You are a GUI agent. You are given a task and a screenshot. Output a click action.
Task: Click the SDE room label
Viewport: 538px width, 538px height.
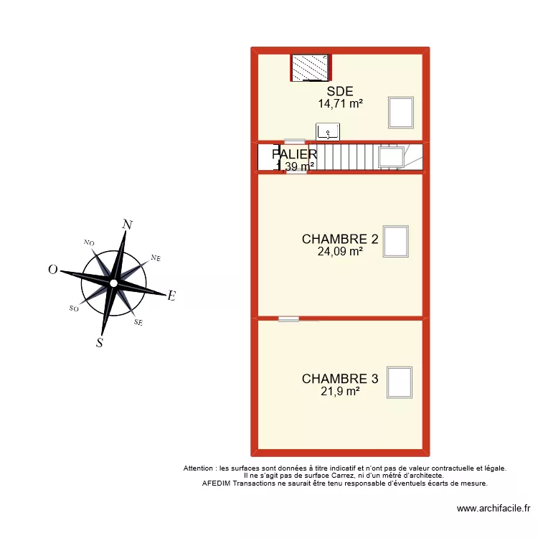tap(340, 91)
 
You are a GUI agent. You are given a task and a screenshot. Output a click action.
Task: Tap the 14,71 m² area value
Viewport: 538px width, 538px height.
tap(340, 103)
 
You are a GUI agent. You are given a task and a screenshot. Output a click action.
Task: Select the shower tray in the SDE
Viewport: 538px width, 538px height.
tap(310, 68)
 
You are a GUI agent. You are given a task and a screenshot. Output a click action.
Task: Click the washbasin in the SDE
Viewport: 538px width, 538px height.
tap(329, 131)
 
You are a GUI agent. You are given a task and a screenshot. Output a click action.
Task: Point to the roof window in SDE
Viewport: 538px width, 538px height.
tap(401, 112)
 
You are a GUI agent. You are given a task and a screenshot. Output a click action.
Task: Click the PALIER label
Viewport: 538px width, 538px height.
tap(294, 154)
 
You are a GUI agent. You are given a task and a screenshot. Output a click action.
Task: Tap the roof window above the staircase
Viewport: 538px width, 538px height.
tap(392, 156)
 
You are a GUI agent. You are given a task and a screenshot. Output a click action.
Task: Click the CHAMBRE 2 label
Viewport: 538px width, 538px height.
tap(340, 239)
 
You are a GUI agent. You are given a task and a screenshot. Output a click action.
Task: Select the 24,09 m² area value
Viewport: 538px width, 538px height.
tap(340, 251)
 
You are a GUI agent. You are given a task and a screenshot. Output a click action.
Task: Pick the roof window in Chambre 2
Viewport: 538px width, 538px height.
tap(396, 242)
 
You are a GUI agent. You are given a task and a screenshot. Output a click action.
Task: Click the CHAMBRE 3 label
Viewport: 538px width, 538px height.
tap(340, 379)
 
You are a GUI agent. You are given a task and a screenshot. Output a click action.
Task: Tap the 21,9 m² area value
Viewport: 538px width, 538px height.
tap(340, 391)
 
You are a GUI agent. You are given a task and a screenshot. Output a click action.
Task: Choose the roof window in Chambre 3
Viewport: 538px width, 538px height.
tap(399, 382)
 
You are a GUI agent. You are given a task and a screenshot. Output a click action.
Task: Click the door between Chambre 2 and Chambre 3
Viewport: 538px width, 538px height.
tap(289, 318)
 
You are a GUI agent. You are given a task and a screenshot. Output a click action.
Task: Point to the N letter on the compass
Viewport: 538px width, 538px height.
tap(128, 225)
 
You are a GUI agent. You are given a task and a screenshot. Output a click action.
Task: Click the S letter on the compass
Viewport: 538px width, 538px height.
tap(100, 343)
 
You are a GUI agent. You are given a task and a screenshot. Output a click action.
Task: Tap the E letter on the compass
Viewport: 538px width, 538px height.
tap(171, 296)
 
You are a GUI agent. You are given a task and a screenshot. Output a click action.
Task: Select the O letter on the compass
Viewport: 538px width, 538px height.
tap(52, 270)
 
